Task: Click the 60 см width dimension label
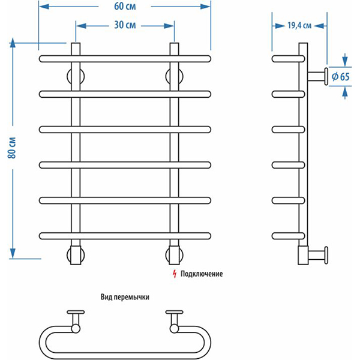coord(124,7)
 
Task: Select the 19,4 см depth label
coord(299,25)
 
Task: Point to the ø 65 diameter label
coord(340,76)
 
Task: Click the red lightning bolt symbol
coord(174,274)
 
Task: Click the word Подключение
coord(202,274)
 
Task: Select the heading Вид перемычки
coord(124,297)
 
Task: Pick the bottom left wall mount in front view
coord(76,254)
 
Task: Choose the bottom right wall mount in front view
coord(175,254)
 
